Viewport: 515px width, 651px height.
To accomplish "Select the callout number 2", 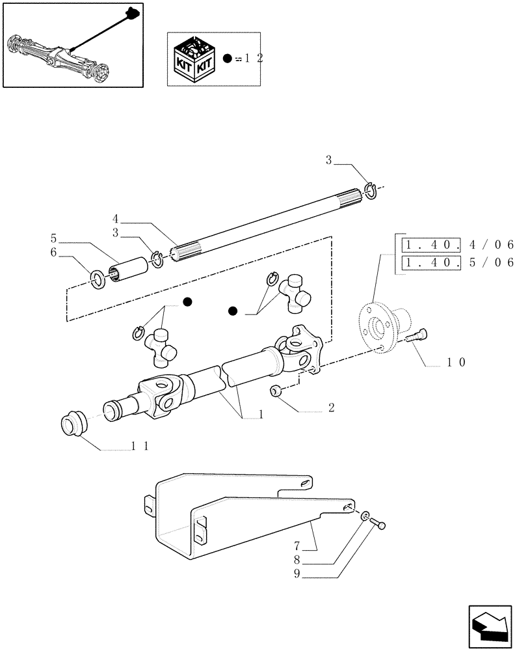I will pos(331,408).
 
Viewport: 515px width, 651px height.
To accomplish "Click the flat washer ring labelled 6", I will pos(97,281).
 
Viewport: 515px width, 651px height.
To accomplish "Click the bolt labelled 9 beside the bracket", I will pos(379,522).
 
